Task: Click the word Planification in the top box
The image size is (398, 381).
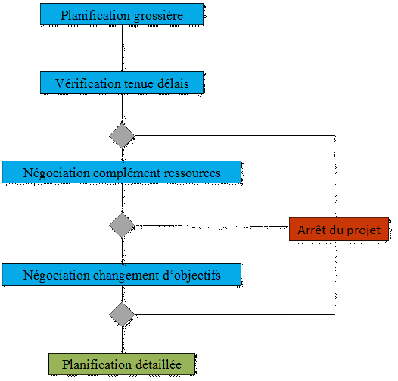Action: click(95, 15)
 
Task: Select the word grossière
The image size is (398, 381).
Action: click(158, 16)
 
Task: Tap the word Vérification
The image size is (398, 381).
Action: click(88, 83)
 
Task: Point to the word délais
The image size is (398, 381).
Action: click(173, 83)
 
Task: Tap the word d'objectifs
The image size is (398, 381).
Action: click(191, 276)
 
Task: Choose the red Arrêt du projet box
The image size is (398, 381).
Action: click(339, 229)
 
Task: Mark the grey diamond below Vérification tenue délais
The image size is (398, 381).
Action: click(122, 136)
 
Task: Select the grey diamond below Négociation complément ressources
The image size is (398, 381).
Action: click(122, 225)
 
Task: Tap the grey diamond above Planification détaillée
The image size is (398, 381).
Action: click(122, 314)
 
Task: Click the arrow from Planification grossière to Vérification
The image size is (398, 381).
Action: click(122, 48)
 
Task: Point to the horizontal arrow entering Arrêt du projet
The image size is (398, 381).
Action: click(211, 226)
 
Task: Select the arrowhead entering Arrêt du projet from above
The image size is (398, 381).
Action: click(334, 215)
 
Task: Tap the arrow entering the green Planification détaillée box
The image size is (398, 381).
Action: click(122, 340)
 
